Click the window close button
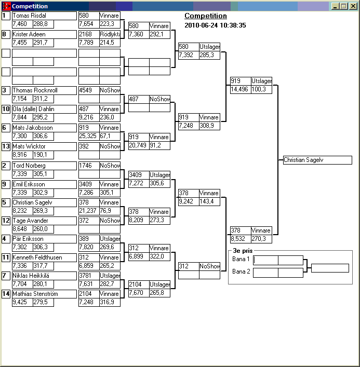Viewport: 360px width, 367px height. click(x=353, y=6)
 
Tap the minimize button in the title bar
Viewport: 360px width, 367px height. click(x=336, y=6)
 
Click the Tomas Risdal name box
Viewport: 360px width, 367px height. click(x=44, y=16)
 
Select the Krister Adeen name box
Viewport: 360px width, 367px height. click(x=44, y=34)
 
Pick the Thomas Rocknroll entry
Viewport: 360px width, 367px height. click(x=44, y=90)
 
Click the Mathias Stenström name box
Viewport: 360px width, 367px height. click(x=44, y=294)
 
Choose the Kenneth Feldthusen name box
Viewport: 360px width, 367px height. click(x=44, y=257)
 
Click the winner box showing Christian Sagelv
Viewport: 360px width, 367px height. click(x=317, y=160)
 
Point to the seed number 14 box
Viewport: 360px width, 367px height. click(x=6, y=294)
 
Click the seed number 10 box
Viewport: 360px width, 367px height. click(x=6, y=110)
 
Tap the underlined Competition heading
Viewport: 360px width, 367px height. click(x=206, y=16)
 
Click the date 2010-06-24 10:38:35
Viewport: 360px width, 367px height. click(x=215, y=25)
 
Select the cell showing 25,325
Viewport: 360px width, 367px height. click(x=89, y=136)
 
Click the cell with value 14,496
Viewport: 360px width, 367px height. click(x=241, y=89)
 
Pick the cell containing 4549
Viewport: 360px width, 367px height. click(x=89, y=90)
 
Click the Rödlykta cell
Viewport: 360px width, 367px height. click(x=110, y=34)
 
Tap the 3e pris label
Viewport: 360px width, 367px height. click(x=243, y=251)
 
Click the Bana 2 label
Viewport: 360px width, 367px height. click(x=241, y=271)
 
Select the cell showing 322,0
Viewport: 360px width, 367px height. click(x=159, y=256)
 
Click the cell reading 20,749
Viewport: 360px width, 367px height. click(x=139, y=145)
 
